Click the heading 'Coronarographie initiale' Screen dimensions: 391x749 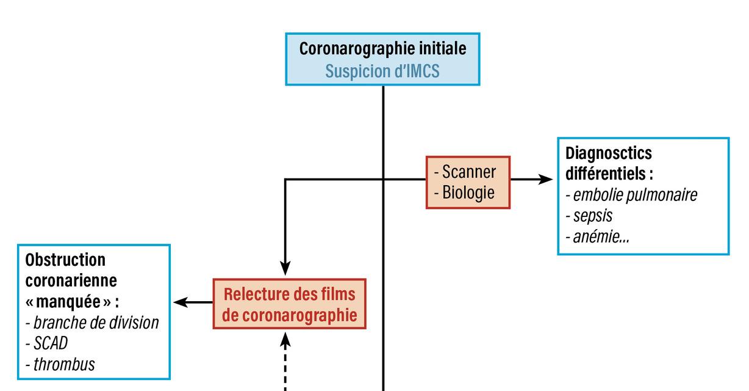382,49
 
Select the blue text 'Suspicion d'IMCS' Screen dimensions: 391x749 382,71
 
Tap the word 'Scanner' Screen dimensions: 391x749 468,172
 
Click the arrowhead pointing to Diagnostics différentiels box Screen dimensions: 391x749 544,180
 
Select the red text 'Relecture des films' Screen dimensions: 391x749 289,294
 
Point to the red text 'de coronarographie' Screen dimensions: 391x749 290,316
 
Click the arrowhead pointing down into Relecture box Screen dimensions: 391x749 285,269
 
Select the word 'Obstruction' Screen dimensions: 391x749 65,260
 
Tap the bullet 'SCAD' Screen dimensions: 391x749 49,343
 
